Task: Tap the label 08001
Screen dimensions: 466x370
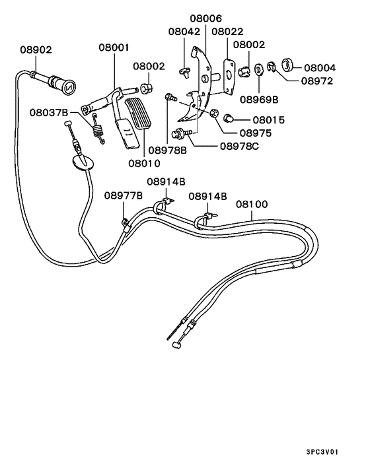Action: point(114,48)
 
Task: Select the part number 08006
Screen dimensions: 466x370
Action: point(205,19)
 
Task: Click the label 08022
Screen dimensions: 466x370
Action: point(227,31)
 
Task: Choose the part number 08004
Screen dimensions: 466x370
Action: point(320,67)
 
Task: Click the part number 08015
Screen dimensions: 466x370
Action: point(267,120)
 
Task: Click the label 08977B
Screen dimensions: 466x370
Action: point(123,195)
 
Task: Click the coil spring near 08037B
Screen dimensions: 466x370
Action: point(98,127)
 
